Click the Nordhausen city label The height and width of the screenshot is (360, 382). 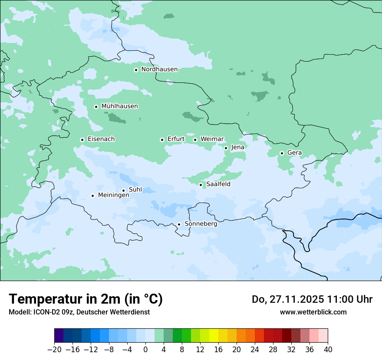(159, 69)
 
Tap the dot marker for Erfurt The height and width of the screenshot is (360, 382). (162, 140)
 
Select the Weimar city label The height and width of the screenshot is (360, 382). (212, 139)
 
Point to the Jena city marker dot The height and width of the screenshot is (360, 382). (226, 148)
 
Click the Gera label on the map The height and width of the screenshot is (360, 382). (294, 153)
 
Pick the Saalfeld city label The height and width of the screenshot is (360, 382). (218, 184)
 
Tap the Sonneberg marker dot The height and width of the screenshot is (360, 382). (179, 224)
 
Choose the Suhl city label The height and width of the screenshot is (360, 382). (135, 190)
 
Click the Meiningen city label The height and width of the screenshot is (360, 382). (113, 195)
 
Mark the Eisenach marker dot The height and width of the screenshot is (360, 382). (82, 140)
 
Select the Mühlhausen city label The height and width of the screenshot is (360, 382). (119, 106)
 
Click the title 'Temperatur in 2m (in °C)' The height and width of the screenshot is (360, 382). (86, 299)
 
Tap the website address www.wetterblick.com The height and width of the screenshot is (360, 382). (313, 312)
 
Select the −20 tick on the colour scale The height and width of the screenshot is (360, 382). (55, 349)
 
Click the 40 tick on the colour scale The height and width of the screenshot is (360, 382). (328, 349)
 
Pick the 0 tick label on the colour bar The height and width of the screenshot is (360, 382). (145, 349)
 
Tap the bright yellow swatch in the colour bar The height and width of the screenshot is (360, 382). (214, 336)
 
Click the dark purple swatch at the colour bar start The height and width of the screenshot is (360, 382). (59, 336)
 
